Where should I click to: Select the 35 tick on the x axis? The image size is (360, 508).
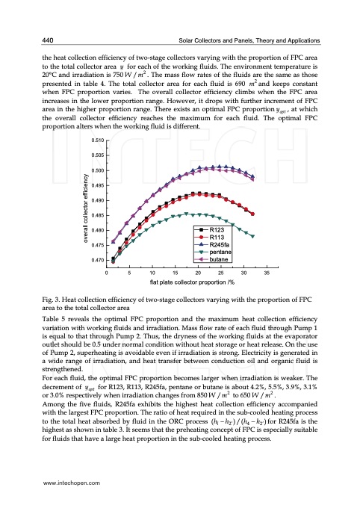[x=267, y=274]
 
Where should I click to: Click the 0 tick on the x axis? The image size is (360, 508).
[x=107, y=274]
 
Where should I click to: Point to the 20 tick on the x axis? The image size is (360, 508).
[x=198, y=274]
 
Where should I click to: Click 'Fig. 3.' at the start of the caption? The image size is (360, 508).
[x=55, y=300]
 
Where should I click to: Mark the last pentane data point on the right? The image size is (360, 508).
[x=252, y=236]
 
